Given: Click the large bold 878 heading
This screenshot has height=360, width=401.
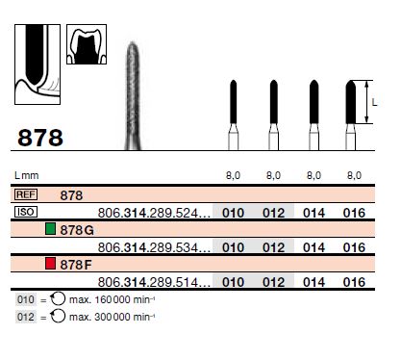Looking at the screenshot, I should pyautogui.click(x=40, y=138).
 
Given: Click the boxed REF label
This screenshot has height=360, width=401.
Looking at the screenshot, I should pyautogui.click(x=27, y=194).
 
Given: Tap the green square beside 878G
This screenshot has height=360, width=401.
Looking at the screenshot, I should pyautogui.click(x=51, y=229).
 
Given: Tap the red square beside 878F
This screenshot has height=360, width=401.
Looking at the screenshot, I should pyautogui.click(x=51, y=264).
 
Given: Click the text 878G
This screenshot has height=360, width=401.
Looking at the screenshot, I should pyautogui.click(x=78, y=230).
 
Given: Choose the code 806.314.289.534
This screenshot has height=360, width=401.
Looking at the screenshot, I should pyautogui.click(x=154, y=247).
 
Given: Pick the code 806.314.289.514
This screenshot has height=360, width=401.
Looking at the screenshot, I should pyautogui.click(x=154, y=282).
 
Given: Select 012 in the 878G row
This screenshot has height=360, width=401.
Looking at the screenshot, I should pyautogui.click(x=273, y=247).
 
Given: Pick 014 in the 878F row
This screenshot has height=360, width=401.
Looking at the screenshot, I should pyautogui.click(x=313, y=282).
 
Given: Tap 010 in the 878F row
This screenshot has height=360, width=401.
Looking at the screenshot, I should pyautogui.click(x=233, y=282).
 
